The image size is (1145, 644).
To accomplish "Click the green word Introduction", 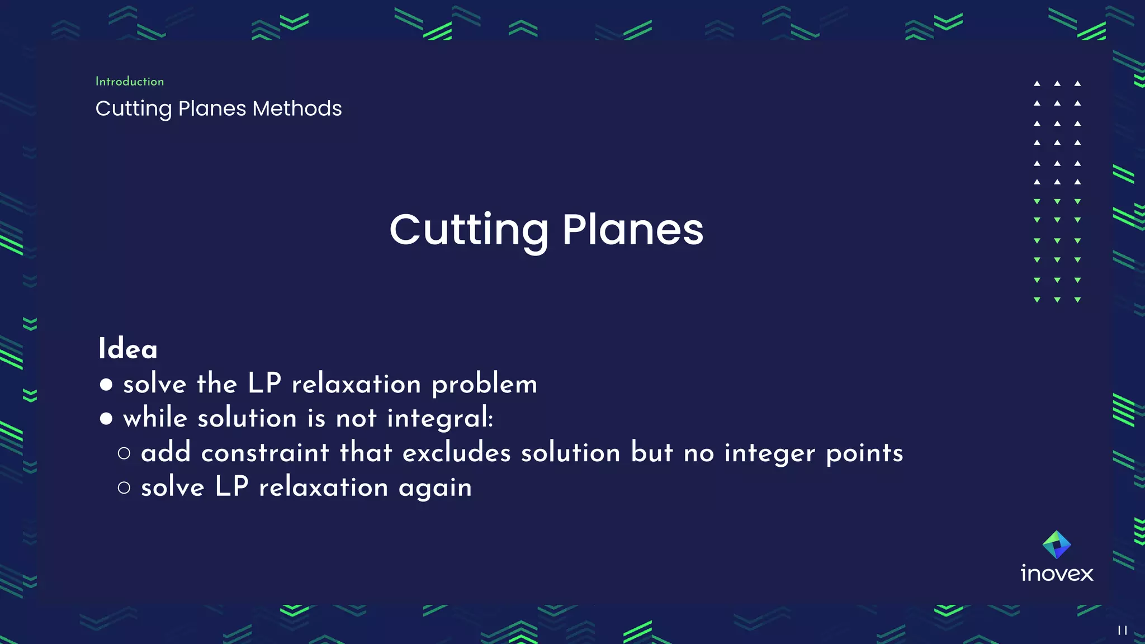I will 130,82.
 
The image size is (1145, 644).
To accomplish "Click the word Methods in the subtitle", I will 297,108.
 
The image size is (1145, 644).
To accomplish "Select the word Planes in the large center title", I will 632,230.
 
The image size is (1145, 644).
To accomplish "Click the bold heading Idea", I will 128,349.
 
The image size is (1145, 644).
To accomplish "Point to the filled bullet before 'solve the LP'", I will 106,385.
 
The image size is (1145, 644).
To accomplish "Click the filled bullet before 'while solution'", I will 106,419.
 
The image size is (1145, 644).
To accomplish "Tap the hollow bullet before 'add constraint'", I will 124,453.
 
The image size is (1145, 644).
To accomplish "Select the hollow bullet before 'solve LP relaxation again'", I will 124,488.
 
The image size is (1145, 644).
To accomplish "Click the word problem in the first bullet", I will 484,385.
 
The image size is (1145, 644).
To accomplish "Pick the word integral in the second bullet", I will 440,419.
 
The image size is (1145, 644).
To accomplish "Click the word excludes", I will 456,453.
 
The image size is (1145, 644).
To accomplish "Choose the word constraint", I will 265,453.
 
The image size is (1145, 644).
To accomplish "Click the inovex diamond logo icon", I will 1057,544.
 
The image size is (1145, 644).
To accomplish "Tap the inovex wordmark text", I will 1057,574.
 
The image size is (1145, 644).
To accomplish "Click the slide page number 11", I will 1122,631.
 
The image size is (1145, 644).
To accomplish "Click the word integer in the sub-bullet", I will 769,454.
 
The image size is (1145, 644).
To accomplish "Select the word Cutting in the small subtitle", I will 134,108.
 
